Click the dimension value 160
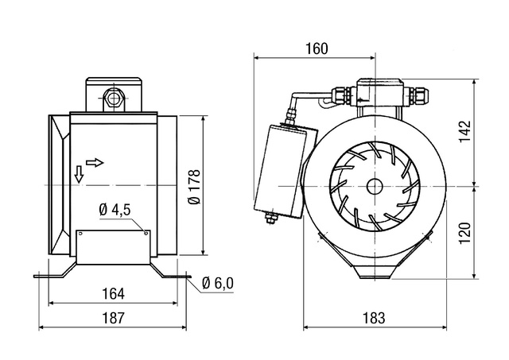tap(316, 48)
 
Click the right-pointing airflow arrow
tap(95, 162)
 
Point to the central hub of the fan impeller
tap(374, 185)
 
